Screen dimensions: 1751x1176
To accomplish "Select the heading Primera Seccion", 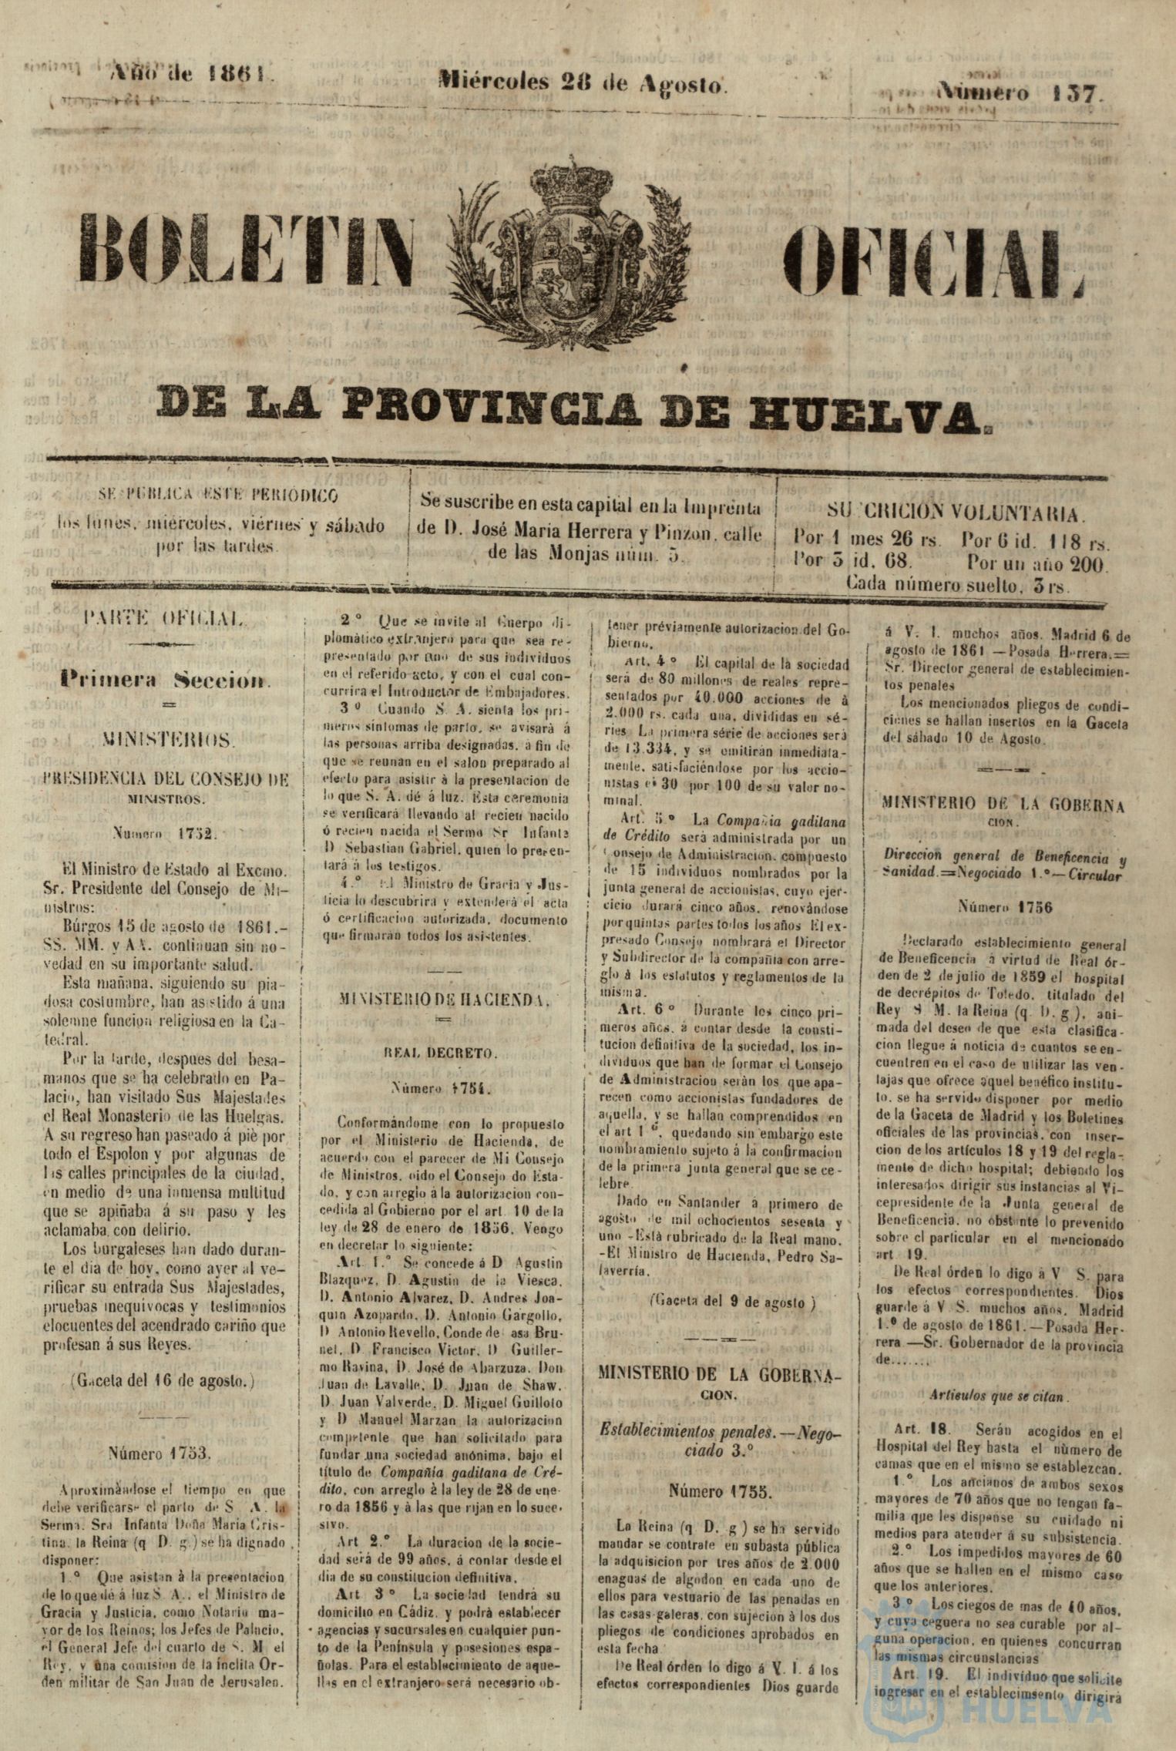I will point(166,680).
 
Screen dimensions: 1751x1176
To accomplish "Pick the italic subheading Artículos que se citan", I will point(996,1396).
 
